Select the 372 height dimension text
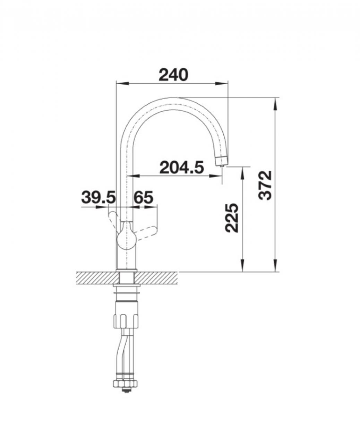[265, 185]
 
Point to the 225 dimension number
[231, 218]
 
